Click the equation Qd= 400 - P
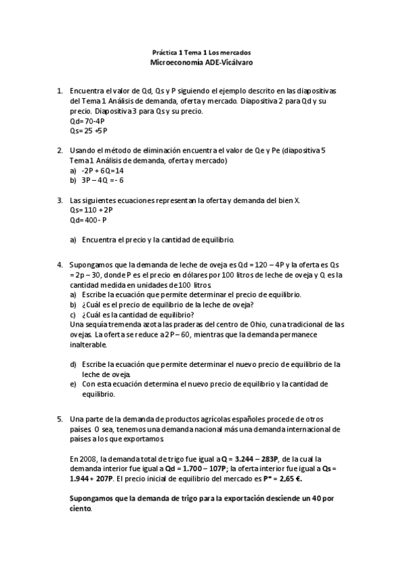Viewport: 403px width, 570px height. [89, 219]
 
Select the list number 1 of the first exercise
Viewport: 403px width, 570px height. [60, 91]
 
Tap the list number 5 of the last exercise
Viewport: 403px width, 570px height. [60, 418]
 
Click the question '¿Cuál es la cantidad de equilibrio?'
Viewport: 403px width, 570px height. [137, 315]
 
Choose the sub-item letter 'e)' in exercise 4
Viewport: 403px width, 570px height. [73, 384]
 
